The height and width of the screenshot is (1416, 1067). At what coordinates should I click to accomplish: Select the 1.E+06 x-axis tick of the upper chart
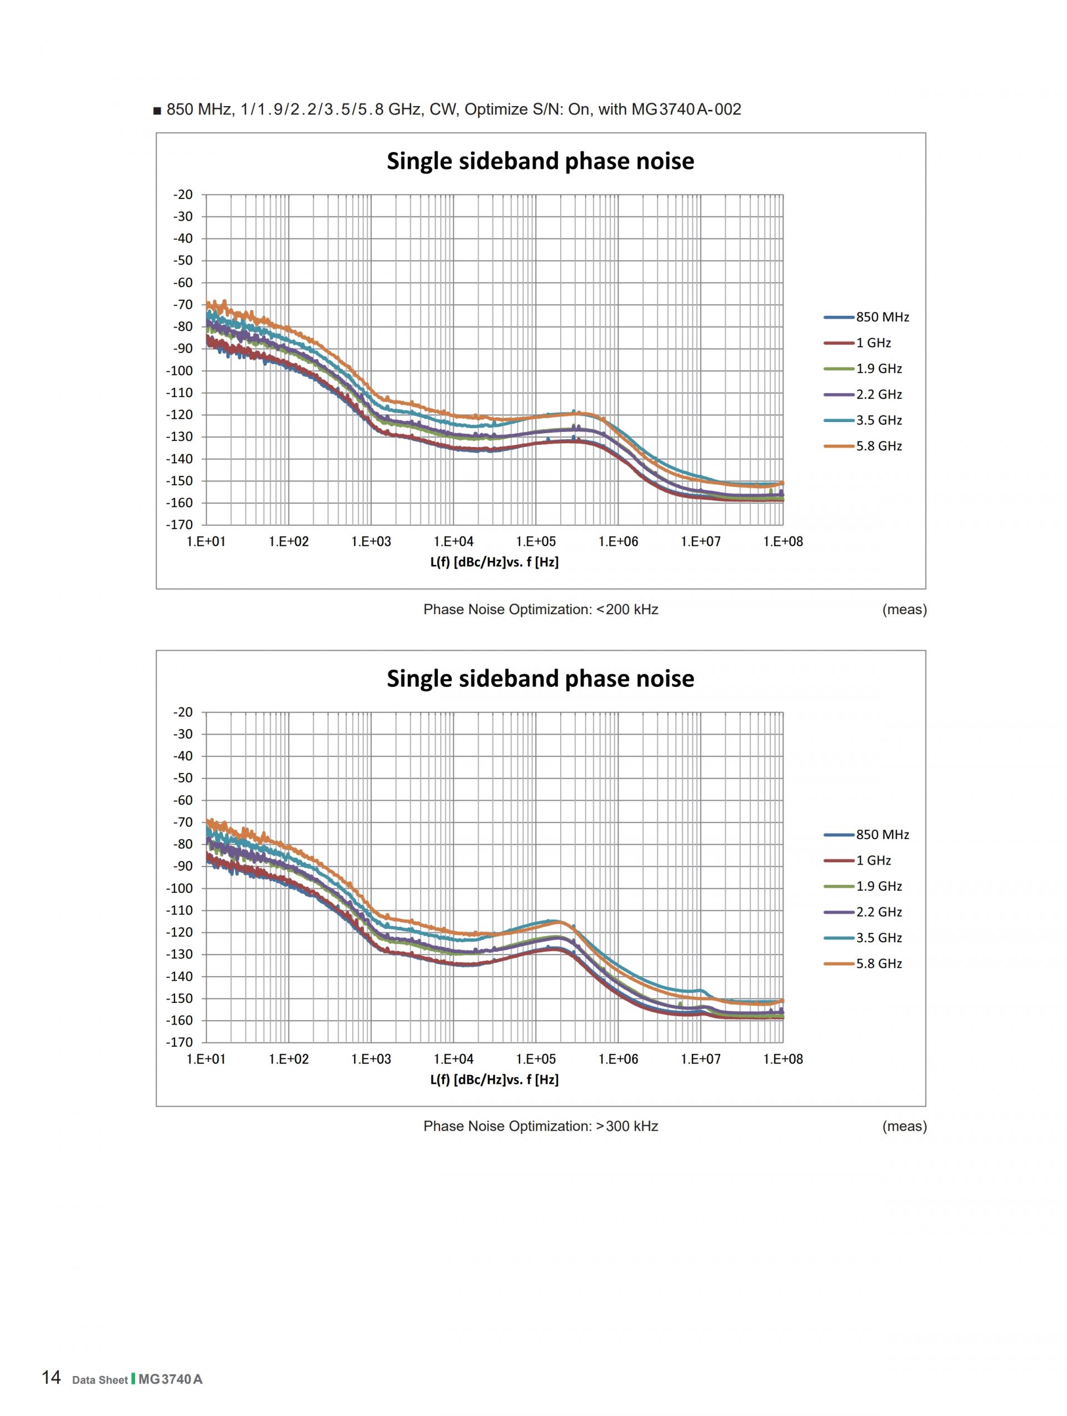click(618, 541)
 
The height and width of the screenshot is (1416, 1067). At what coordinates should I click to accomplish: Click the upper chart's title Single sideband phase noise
click(540, 160)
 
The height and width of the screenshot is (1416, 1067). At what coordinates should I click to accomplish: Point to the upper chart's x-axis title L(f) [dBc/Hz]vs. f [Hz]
click(494, 562)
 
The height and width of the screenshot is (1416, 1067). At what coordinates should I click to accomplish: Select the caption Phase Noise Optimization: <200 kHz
click(540, 609)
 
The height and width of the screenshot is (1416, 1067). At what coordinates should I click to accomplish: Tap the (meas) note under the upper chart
click(904, 609)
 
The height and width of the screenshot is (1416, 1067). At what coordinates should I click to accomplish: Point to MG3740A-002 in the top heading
click(686, 109)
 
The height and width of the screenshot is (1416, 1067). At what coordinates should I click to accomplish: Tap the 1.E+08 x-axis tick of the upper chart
click(782, 541)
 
